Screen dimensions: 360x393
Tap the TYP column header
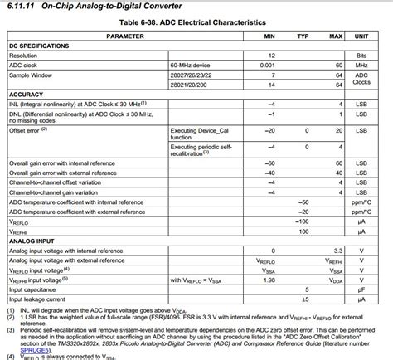click(x=303, y=36)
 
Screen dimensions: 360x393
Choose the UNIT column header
click(x=361, y=36)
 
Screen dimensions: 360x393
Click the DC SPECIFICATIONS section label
click(x=39, y=46)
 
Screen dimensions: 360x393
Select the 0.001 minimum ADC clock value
click(x=268, y=64)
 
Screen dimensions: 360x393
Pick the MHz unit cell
click(x=361, y=64)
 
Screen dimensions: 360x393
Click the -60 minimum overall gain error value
click(x=269, y=163)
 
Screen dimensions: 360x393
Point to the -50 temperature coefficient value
click(x=303, y=202)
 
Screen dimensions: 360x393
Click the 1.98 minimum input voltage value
click(x=269, y=280)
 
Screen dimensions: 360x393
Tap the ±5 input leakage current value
click(x=304, y=299)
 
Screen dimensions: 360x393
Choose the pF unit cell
click(x=361, y=289)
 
